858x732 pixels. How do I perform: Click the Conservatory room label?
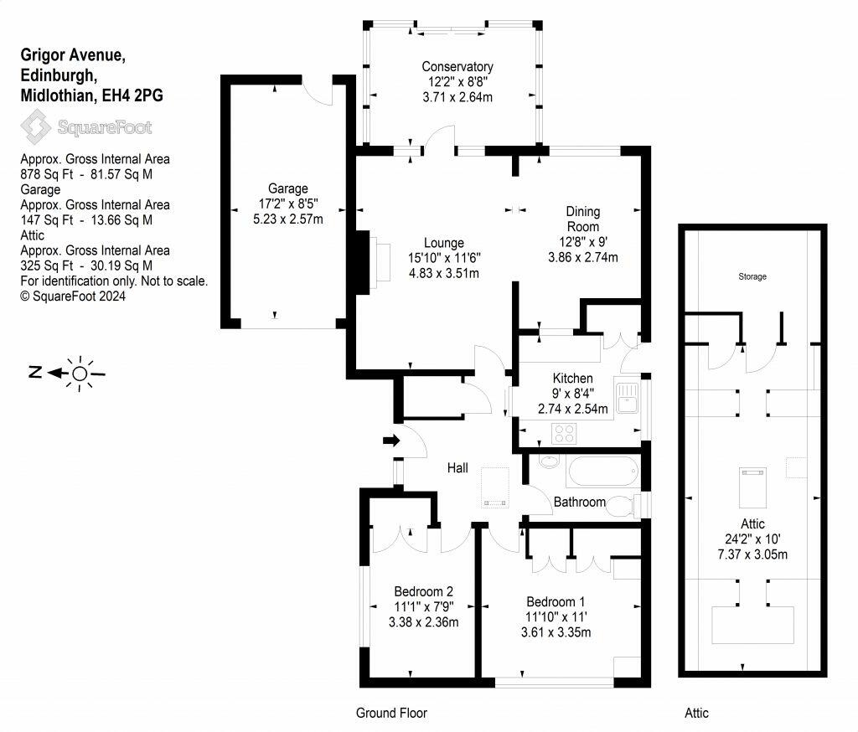click(x=457, y=67)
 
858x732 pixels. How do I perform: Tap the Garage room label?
click(x=288, y=188)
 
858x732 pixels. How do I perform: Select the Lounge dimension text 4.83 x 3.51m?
click(x=444, y=273)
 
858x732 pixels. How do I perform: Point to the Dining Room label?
click(x=583, y=219)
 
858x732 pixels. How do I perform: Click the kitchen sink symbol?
click(x=627, y=398)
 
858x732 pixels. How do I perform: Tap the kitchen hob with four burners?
click(x=564, y=434)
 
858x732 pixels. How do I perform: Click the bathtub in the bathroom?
click(x=603, y=471)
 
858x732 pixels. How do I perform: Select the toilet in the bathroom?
click(x=623, y=506)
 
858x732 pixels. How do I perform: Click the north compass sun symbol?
click(x=80, y=374)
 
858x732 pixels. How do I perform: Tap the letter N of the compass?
click(x=35, y=373)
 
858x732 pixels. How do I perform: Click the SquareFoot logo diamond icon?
click(x=36, y=127)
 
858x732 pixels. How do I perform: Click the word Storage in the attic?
click(x=752, y=276)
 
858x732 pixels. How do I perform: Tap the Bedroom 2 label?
click(x=423, y=591)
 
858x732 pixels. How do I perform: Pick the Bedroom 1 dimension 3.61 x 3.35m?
click(x=556, y=632)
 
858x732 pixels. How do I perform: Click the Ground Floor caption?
click(x=391, y=713)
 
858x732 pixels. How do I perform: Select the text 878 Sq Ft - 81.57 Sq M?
click(x=86, y=174)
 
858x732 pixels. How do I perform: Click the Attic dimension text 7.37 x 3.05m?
click(x=752, y=554)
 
